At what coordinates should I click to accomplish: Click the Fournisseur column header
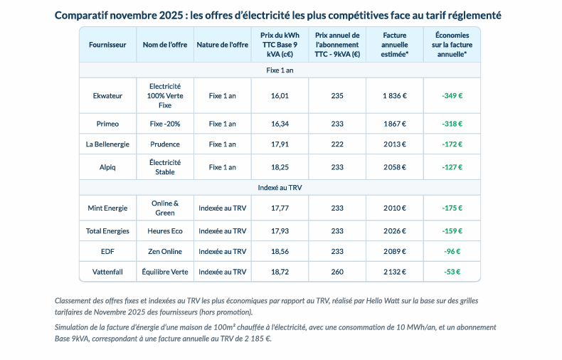[107, 45]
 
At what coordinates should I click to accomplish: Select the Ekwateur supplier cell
[107, 96]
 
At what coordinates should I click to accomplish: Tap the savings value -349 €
[452, 96]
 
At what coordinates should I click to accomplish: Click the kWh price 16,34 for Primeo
[280, 124]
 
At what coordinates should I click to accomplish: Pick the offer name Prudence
[165, 144]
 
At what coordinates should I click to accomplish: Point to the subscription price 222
[337, 144]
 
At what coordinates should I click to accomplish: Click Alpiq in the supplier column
[107, 167]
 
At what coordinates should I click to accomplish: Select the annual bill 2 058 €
[395, 167]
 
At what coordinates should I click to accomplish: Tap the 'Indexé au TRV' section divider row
[280, 188]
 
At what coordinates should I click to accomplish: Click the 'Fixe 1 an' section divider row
[280, 70]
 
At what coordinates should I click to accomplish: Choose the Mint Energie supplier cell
[107, 208]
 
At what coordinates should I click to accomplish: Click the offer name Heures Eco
[165, 231]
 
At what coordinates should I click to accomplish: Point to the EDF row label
[107, 251]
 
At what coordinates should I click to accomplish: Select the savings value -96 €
[452, 251]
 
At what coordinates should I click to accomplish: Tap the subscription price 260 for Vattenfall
[337, 272]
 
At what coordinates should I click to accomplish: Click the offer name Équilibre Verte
[165, 272]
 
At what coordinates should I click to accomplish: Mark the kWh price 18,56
[280, 251]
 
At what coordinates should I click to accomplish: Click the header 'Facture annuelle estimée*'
[395, 45]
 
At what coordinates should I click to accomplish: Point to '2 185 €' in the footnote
[258, 339]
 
